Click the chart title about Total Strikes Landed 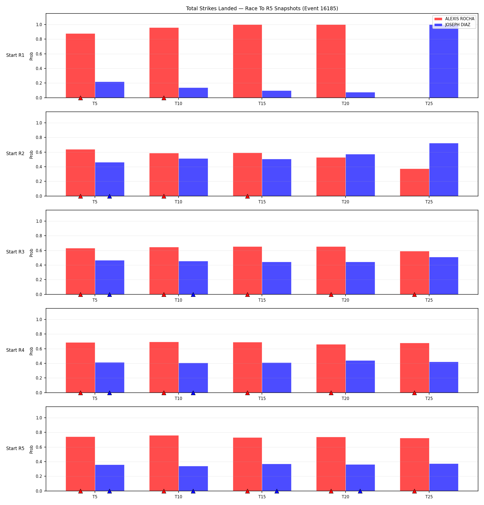click(x=262, y=8)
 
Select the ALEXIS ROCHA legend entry click(x=454, y=19)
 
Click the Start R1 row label click(x=15, y=55)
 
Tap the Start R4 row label click(x=15, y=350)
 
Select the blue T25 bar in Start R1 click(x=444, y=61)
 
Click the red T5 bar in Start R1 click(x=80, y=66)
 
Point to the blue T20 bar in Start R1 click(x=360, y=95)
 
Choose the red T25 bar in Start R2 click(x=415, y=182)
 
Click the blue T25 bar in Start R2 click(x=444, y=170)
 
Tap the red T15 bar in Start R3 click(x=247, y=270)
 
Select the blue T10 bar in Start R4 click(x=193, y=378)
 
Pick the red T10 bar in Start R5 click(x=164, y=463)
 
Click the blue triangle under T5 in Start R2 click(x=109, y=196)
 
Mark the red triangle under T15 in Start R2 click(x=247, y=196)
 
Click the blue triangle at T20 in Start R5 click(x=360, y=491)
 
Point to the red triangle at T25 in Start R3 click(x=414, y=294)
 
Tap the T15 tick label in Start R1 click(x=262, y=104)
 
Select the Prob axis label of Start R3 click(x=31, y=253)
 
